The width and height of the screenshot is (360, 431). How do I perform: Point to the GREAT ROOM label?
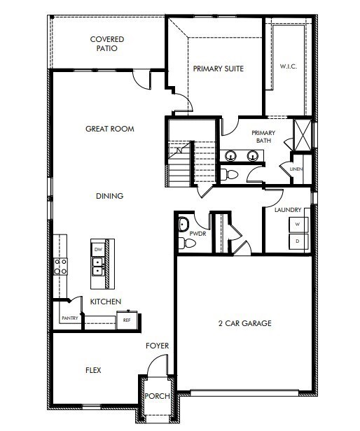[x=109, y=129]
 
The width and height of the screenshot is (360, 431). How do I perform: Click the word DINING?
[x=109, y=196]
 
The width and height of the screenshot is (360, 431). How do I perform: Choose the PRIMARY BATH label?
[x=263, y=136]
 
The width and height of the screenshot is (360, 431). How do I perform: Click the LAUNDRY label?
[x=288, y=209]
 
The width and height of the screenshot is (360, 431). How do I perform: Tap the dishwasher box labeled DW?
[x=98, y=249]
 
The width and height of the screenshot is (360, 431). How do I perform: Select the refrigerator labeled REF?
[x=127, y=320]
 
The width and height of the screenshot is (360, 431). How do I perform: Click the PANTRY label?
[x=69, y=318]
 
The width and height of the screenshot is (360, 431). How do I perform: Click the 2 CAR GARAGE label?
[x=244, y=323]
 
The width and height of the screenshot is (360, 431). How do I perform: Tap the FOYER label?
[x=157, y=346]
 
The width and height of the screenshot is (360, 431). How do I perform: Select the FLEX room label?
[x=93, y=369]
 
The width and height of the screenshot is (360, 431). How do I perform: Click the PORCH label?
[x=157, y=396]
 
